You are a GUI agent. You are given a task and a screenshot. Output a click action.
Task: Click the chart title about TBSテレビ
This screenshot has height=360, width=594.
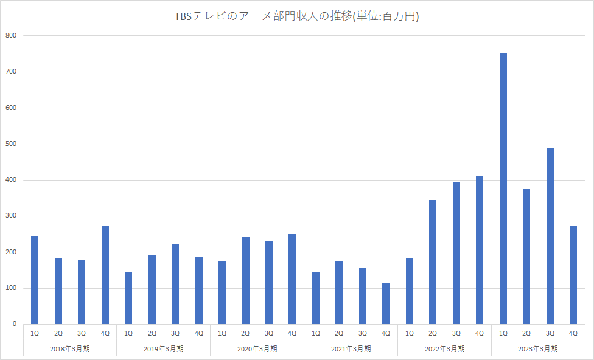(297, 17)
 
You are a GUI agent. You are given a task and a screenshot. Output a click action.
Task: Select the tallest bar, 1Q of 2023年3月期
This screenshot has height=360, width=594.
(503, 189)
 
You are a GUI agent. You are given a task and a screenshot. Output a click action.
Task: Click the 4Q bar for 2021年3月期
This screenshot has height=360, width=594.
(386, 303)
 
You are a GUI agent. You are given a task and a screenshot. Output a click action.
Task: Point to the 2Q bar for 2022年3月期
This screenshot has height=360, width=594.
(433, 262)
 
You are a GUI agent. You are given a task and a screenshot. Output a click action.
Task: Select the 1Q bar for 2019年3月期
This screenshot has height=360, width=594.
(128, 298)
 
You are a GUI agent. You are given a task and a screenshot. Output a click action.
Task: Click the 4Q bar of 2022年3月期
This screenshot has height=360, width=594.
(480, 250)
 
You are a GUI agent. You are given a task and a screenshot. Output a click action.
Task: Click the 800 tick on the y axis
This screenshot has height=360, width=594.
(12, 36)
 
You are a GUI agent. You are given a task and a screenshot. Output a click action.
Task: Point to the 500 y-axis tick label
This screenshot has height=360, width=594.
(12, 144)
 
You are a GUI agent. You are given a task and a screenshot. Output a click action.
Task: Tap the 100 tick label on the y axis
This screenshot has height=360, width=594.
(12, 288)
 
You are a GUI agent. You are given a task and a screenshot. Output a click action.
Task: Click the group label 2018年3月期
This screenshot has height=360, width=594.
(70, 349)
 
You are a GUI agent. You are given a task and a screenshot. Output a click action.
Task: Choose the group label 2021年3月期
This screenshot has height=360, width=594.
(351, 349)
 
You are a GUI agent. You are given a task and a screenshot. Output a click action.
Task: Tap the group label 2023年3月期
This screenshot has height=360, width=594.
(539, 349)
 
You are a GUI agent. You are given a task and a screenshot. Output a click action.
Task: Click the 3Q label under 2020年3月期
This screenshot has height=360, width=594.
(269, 333)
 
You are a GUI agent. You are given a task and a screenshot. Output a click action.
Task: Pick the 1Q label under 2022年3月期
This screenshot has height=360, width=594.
(410, 333)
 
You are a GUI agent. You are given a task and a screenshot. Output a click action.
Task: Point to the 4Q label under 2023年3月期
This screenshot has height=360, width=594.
(573, 333)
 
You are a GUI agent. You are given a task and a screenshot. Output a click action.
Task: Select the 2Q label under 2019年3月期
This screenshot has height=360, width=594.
(152, 333)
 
